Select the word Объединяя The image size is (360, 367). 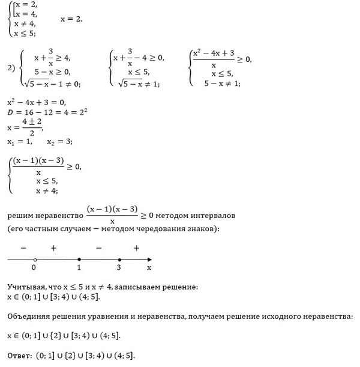tap(29, 317)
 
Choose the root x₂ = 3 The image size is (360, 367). tap(59, 142)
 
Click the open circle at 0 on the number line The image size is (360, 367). tap(35, 259)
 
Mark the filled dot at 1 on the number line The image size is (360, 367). tap(80, 259)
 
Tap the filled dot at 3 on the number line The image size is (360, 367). tap(119, 259)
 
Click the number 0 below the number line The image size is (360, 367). tap(34, 268)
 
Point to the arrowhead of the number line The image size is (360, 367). tap(149, 259)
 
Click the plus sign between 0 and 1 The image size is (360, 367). tap(53, 247)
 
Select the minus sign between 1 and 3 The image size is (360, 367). tap(99, 247)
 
